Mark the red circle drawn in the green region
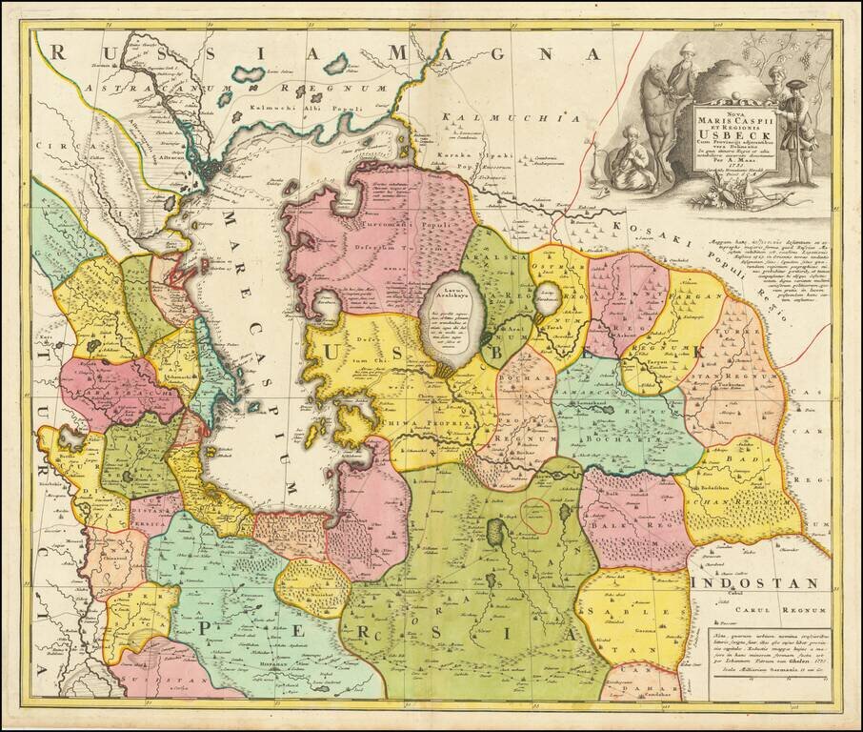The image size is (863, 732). pos(536,516)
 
